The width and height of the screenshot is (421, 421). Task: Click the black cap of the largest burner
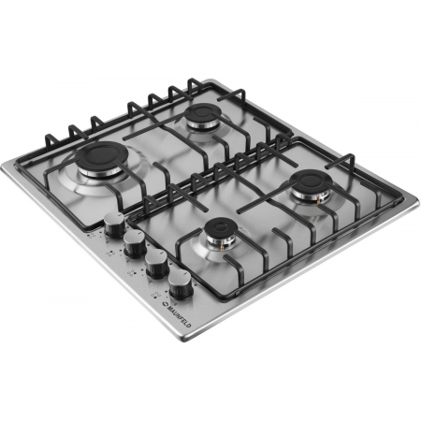101,155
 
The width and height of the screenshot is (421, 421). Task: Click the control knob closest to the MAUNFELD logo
181,283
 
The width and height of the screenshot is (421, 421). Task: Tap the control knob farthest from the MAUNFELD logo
115,225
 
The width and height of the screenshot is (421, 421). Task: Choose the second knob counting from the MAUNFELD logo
157,263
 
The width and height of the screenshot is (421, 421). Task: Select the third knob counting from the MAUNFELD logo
135,243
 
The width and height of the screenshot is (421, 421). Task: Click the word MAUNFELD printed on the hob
179,315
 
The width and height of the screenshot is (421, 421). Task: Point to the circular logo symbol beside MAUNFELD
164,303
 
